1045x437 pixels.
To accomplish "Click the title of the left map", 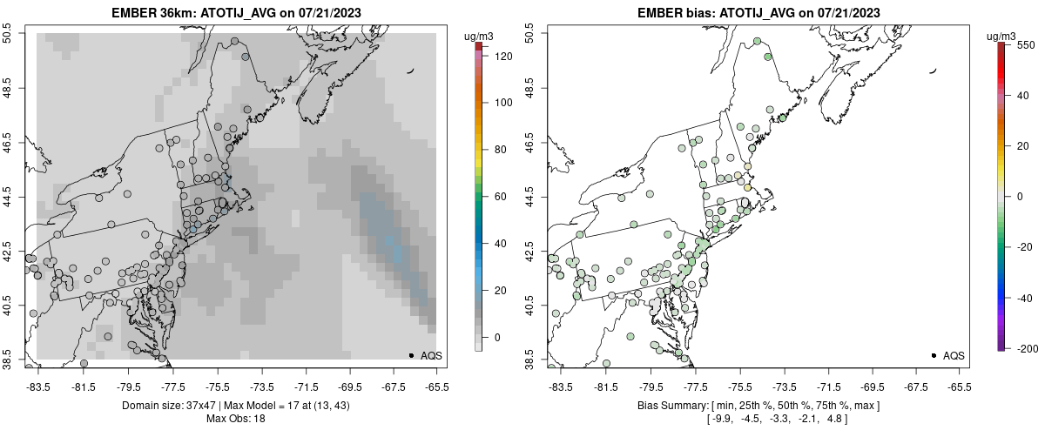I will pyautogui.click(x=234, y=12).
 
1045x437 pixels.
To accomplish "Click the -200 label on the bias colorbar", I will pyautogui.click(x=1028, y=348).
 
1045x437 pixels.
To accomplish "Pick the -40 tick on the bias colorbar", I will pyautogui.click(x=1028, y=297).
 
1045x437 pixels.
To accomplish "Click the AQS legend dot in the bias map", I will pyautogui.click(x=933, y=355).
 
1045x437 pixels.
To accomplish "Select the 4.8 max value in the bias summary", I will pyautogui.click(x=838, y=419).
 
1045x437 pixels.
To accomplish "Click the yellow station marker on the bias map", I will pyautogui.click(x=747, y=187).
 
